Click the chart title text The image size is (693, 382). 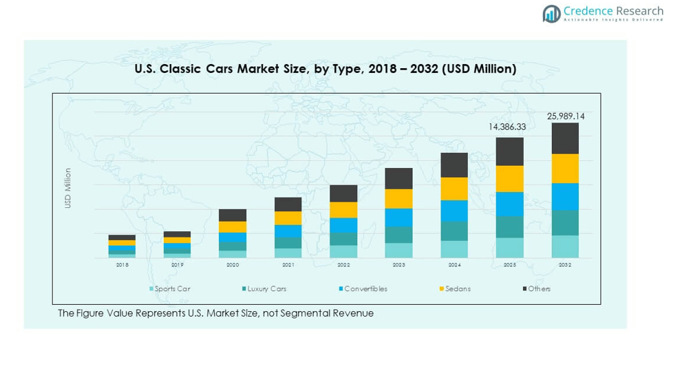tap(324, 69)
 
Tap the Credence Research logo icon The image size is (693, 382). tap(551, 13)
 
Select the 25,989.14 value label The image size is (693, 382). tap(566, 116)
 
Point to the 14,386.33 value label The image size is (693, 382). tap(507, 127)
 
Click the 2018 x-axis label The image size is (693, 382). tap(122, 265)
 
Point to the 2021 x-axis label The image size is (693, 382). tap(288, 265)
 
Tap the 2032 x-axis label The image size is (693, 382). tap(565, 265)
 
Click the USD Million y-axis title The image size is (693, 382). tap(68, 188)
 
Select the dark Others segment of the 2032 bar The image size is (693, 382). tap(565, 138)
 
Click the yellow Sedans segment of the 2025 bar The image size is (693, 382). tap(510, 178)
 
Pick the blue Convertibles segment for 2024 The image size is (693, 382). tap(454, 211)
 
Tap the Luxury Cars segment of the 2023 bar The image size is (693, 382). tap(398, 235)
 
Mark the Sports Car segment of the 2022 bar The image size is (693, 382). tap(343, 251)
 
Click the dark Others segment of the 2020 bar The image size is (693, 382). tap(233, 215)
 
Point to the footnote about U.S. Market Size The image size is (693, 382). tap(215, 313)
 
